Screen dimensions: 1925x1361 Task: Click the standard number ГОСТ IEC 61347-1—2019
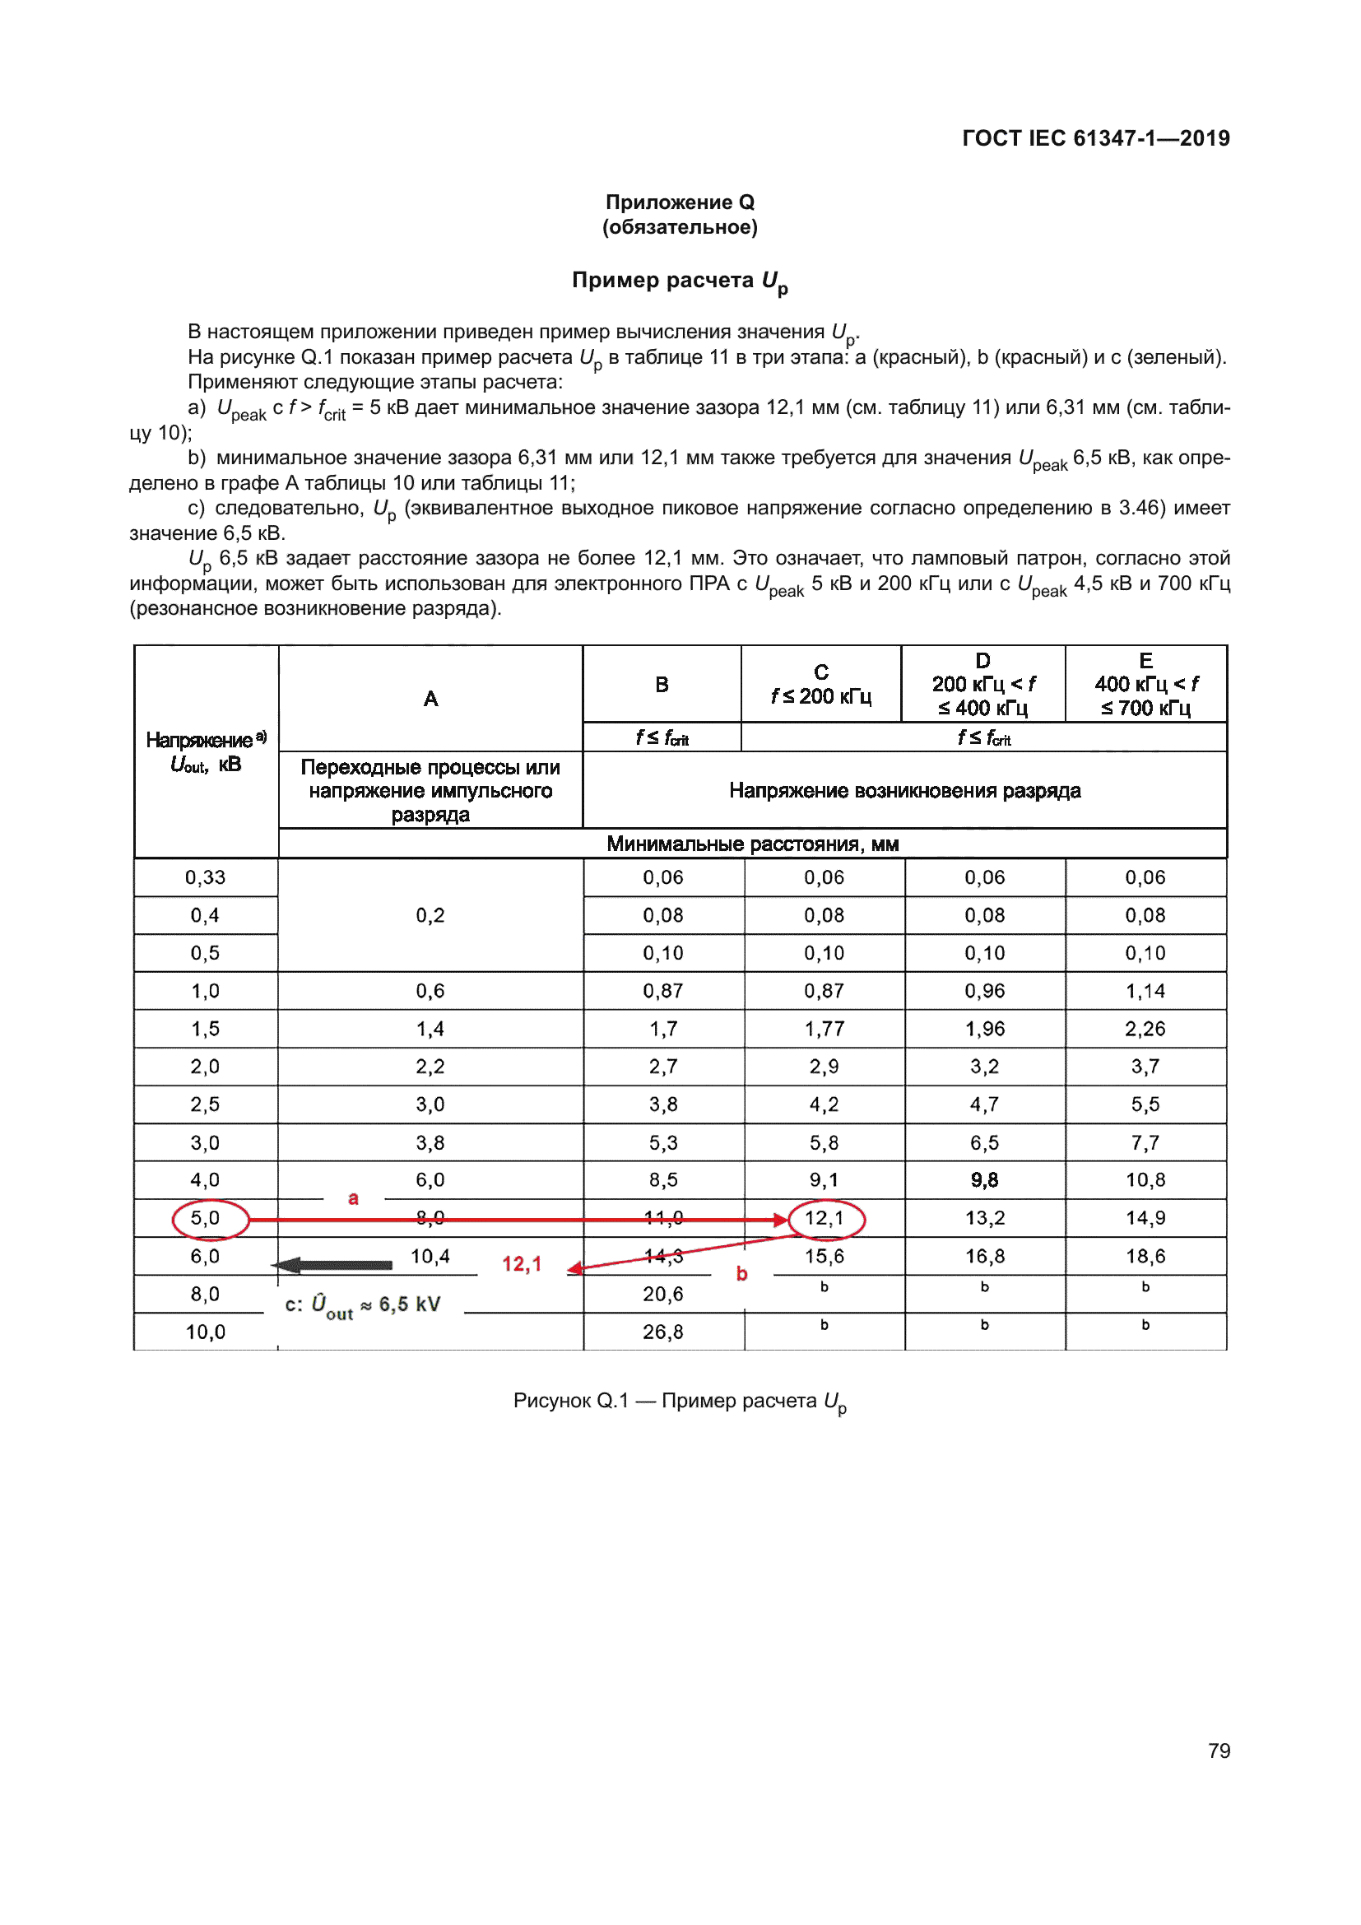pyautogui.click(x=1095, y=138)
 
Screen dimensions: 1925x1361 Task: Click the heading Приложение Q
pyautogui.click(x=680, y=202)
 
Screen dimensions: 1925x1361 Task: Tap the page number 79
pyautogui.click(x=1219, y=1751)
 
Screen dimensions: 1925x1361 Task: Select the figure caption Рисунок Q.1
pyautogui.click(x=680, y=1401)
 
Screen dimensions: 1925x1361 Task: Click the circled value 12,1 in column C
pyautogui.click(x=824, y=1218)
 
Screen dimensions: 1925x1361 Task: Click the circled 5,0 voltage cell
pyautogui.click(x=207, y=1218)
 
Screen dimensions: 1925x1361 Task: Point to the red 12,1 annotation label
pyautogui.click(x=523, y=1263)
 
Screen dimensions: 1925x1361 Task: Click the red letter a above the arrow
pyautogui.click(x=354, y=1197)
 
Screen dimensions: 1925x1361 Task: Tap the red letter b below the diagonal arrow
pyautogui.click(x=741, y=1274)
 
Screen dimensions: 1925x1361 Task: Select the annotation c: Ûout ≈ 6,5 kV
pyautogui.click(x=363, y=1304)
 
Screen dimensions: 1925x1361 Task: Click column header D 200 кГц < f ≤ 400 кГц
pyautogui.click(x=983, y=684)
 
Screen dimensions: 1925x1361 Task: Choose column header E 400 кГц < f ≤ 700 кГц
pyautogui.click(x=1145, y=684)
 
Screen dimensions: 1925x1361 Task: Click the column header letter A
pyautogui.click(x=430, y=699)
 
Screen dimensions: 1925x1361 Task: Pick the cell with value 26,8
pyautogui.click(x=663, y=1332)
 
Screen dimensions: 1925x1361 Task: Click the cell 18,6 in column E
pyautogui.click(x=1145, y=1256)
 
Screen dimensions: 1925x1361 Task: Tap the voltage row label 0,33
pyautogui.click(x=207, y=878)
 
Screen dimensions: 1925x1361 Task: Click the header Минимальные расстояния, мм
pyautogui.click(x=752, y=844)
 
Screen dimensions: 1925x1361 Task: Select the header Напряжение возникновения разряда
pyautogui.click(x=904, y=791)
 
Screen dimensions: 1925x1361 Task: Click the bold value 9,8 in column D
pyautogui.click(x=984, y=1180)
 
